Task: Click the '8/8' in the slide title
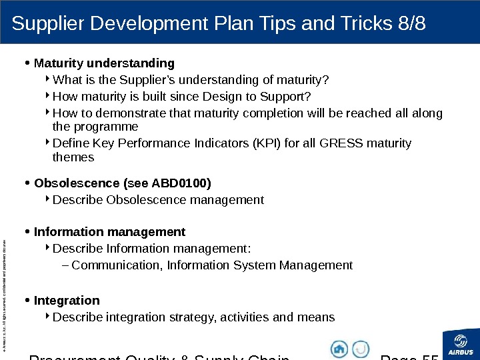(x=409, y=24)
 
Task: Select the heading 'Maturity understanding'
(x=104, y=63)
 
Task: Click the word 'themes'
(x=73, y=158)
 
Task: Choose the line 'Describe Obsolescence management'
(x=158, y=200)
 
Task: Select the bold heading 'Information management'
(x=109, y=232)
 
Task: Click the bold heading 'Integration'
(x=67, y=301)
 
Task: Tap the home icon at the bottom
(x=339, y=349)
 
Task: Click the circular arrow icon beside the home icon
(x=361, y=349)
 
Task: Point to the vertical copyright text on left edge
(x=6, y=280)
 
